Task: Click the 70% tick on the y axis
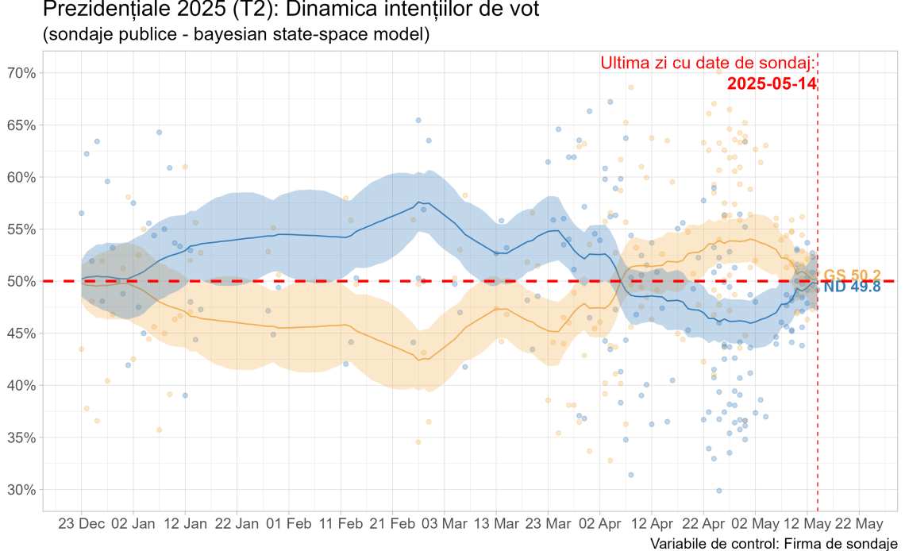[x=21, y=73]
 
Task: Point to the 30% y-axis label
[x=21, y=490]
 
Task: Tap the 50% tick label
[x=21, y=281]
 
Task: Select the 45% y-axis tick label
[x=21, y=333]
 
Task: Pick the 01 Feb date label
[x=289, y=524]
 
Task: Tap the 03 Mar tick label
[x=445, y=524]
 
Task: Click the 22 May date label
[x=859, y=524]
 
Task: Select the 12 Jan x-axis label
[x=185, y=524]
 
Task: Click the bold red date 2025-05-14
[x=772, y=83]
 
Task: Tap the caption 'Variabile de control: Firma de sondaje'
[x=768, y=543]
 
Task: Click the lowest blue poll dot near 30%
[x=719, y=491]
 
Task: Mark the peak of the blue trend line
[x=418, y=202]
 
